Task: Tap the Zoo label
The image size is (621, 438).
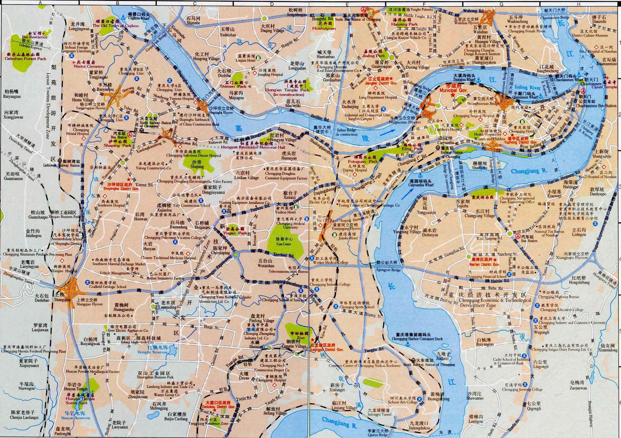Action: coord(301,338)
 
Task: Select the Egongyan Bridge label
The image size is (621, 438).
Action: coord(388,270)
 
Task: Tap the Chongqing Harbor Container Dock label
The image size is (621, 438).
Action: coord(417,339)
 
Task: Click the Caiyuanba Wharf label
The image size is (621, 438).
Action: coord(421,185)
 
